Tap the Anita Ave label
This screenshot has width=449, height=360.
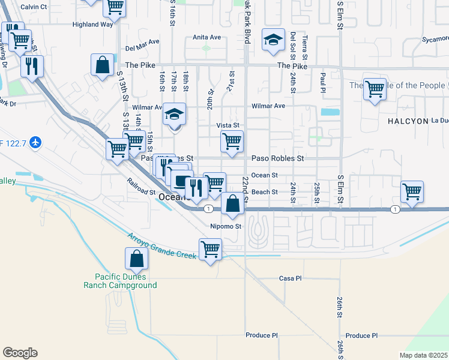[206, 37]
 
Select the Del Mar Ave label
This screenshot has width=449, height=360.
[142, 49]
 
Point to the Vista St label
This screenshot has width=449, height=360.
[228, 125]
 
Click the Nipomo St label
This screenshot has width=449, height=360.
[225, 227]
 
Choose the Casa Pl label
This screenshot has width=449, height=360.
[290, 278]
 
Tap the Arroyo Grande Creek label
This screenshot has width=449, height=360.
[161, 247]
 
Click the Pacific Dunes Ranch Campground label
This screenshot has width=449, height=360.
[125, 281]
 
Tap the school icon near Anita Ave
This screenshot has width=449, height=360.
[273, 41]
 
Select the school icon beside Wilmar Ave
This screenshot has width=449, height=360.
[174, 114]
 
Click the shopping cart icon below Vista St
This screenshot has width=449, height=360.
[232, 142]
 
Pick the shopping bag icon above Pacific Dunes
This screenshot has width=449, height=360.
[137, 259]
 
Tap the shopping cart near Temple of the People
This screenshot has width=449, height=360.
[375, 89]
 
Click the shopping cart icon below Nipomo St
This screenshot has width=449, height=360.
[210, 248]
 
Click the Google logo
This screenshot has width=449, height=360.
[20, 353]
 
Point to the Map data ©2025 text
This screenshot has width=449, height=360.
[423, 355]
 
